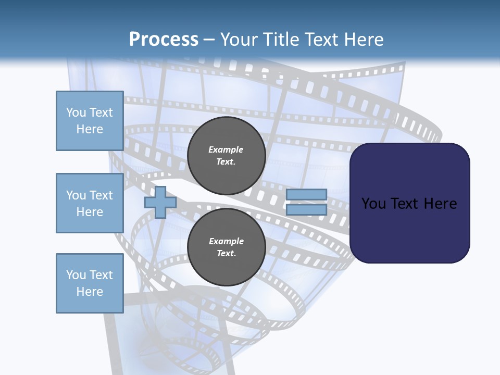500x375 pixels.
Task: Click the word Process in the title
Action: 164,40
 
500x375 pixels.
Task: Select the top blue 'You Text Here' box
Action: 90,121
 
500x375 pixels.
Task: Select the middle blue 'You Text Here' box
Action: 90,203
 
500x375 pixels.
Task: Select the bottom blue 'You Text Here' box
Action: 90,283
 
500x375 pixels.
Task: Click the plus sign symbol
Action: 160,202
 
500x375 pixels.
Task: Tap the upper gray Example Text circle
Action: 226,156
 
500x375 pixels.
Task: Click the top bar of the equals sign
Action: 306,194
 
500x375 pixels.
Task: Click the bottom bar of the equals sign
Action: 306,209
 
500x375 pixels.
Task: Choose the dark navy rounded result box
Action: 409,229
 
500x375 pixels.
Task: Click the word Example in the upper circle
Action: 226,149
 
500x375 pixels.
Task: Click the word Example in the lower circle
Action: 226,241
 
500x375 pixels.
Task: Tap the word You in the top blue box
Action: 75,113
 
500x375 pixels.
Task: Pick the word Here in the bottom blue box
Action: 90,292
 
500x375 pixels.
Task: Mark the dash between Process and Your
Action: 209,40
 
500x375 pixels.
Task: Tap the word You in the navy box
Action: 373,204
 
